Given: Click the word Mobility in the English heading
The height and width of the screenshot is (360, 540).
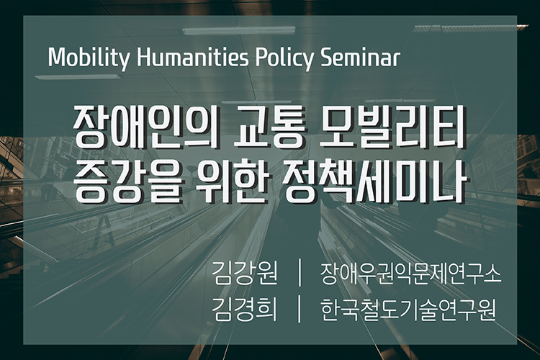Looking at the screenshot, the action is tap(89, 58).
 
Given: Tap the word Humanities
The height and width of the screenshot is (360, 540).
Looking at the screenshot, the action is tap(192, 57).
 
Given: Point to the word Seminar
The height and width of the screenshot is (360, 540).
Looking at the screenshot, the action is tap(360, 57).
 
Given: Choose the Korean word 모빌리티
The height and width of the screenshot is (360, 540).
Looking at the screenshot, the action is tap(393, 127).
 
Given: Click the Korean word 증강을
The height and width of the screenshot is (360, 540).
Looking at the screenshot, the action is tap(127, 181).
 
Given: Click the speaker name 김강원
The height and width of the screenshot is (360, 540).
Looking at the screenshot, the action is tap(245, 274).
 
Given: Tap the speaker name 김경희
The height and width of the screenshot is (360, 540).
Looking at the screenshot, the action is tap(245, 309).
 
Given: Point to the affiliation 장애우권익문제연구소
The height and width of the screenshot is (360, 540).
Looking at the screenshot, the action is tap(410, 274).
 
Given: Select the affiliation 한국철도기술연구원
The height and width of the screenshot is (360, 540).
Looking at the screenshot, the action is tap(408, 309).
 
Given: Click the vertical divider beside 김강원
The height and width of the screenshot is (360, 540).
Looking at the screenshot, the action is tap(299, 274).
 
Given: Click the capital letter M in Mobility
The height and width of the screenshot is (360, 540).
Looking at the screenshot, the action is tap(57, 57).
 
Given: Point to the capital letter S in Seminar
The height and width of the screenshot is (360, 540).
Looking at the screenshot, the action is tap(326, 57).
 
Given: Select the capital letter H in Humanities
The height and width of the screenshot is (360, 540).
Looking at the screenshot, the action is tap(143, 57).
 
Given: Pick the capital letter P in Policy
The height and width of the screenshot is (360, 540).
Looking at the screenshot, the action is tap(261, 57).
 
